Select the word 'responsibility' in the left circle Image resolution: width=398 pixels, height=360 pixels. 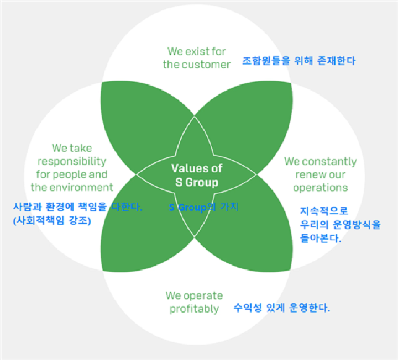pos(72,161)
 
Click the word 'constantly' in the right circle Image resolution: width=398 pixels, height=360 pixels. pos(329,161)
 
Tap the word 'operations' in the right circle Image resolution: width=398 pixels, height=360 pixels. pos(320,188)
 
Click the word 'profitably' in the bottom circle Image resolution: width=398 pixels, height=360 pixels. pos(194,309)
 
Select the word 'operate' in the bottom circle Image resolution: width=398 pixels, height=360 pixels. pos(203,296)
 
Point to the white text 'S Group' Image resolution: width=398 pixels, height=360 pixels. pos(197,183)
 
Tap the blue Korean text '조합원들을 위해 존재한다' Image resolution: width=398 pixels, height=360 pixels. pos(298,61)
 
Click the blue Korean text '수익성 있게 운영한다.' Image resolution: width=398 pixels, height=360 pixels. pos(282,308)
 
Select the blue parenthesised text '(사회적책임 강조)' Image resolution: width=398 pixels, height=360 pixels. pos(52,220)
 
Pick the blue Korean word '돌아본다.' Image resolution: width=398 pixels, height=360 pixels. pos(321,238)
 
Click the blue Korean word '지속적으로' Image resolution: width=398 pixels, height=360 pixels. pos(324,211)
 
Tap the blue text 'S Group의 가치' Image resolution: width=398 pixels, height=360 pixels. pos(203,208)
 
